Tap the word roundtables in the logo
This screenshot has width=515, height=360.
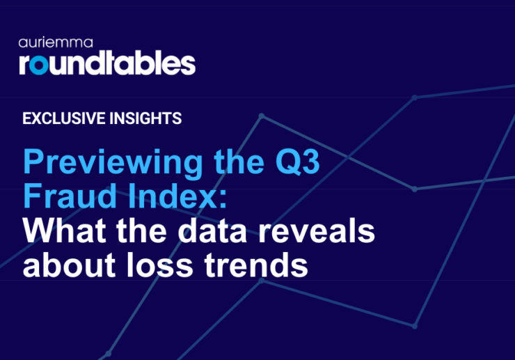(107, 63)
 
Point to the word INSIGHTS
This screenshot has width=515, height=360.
(145, 118)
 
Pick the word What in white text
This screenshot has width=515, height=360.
(67, 232)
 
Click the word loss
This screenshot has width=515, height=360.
(167, 265)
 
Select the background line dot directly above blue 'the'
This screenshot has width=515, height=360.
(262, 116)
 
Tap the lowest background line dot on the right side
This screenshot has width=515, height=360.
(415, 326)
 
